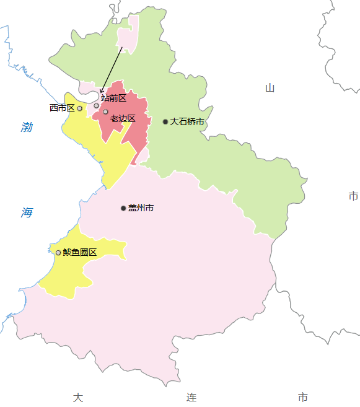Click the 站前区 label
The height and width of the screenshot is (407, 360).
tap(114, 98)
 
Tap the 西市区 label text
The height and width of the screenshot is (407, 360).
tap(62, 108)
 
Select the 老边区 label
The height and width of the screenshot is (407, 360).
tap(123, 118)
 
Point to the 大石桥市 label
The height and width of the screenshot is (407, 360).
tap(187, 121)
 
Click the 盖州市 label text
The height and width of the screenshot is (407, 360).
tap(141, 208)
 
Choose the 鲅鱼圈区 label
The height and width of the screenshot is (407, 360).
tap(80, 252)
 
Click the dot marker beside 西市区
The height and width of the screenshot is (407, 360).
tap(79, 108)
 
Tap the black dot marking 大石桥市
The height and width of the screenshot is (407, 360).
tap(165, 121)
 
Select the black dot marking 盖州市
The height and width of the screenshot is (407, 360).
tap(123, 208)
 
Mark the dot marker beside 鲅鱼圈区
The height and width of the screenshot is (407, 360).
tap(58, 252)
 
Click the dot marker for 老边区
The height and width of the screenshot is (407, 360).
tap(105, 112)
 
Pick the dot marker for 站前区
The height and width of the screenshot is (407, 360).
tap(97, 105)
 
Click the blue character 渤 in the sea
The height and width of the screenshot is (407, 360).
tap(27, 128)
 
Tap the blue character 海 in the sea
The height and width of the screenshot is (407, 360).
tap(27, 212)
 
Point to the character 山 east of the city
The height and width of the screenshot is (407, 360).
tap(270, 88)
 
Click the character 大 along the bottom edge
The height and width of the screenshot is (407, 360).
tap(77, 397)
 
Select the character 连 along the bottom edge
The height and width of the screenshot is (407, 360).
tap(191, 397)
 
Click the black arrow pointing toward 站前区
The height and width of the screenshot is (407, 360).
tap(112, 70)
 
